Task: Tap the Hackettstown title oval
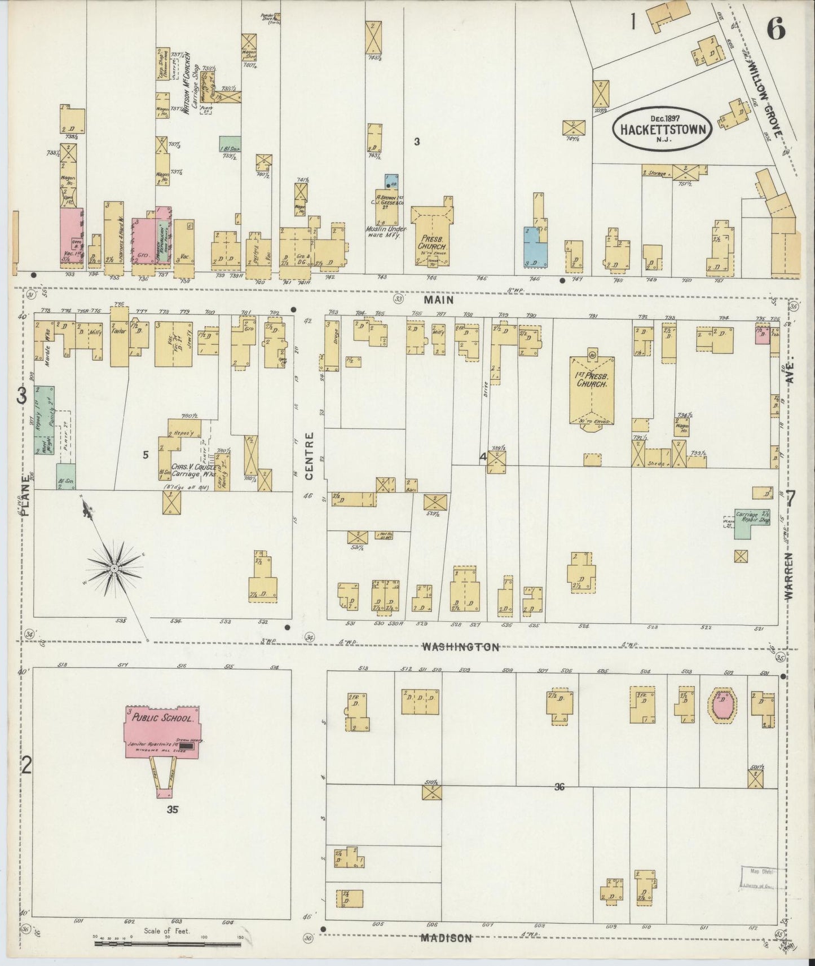pos(663,128)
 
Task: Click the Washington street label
pos(461,648)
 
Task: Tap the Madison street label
pos(446,938)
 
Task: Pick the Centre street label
pos(309,457)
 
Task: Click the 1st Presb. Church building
pos(591,389)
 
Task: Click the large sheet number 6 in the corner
pos(776,28)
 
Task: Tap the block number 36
pos(558,787)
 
